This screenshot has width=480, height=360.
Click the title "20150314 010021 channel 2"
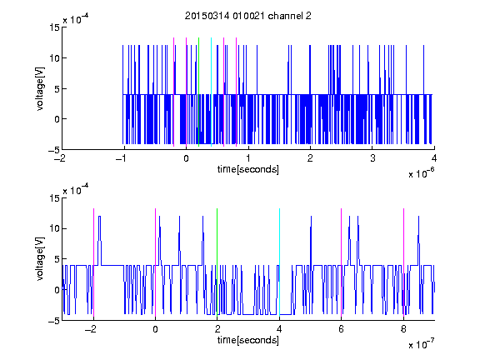click(x=248, y=16)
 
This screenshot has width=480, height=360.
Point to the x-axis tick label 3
click(x=372, y=158)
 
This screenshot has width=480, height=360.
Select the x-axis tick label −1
click(x=122, y=158)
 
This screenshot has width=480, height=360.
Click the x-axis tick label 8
click(x=403, y=329)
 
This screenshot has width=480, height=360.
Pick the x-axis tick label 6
click(x=342, y=329)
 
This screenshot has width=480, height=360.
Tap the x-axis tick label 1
click(x=248, y=158)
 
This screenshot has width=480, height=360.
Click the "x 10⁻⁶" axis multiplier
click(x=421, y=172)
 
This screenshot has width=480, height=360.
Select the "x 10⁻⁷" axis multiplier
click(x=421, y=344)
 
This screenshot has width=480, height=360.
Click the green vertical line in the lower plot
click(x=217, y=262)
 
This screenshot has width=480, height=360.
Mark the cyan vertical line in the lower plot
click(x=279, y=262)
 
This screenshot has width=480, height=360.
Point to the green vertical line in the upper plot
click(x=198, y=92)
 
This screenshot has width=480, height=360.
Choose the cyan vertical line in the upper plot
click(x=211, y=92)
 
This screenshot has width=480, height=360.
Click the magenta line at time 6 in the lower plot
click(x=342, y=262)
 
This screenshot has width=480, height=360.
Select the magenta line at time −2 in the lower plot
click(x=93, y=262)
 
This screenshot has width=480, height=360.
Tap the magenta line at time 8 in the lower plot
click(x=404, y=262)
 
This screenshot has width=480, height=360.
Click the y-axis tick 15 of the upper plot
click(x=54, y=27)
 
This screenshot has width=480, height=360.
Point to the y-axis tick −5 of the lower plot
click(x=54, y=321)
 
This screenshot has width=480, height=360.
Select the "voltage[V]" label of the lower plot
click(x=40, y=259)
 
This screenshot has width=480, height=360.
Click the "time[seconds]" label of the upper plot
click(x=248, y=169)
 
